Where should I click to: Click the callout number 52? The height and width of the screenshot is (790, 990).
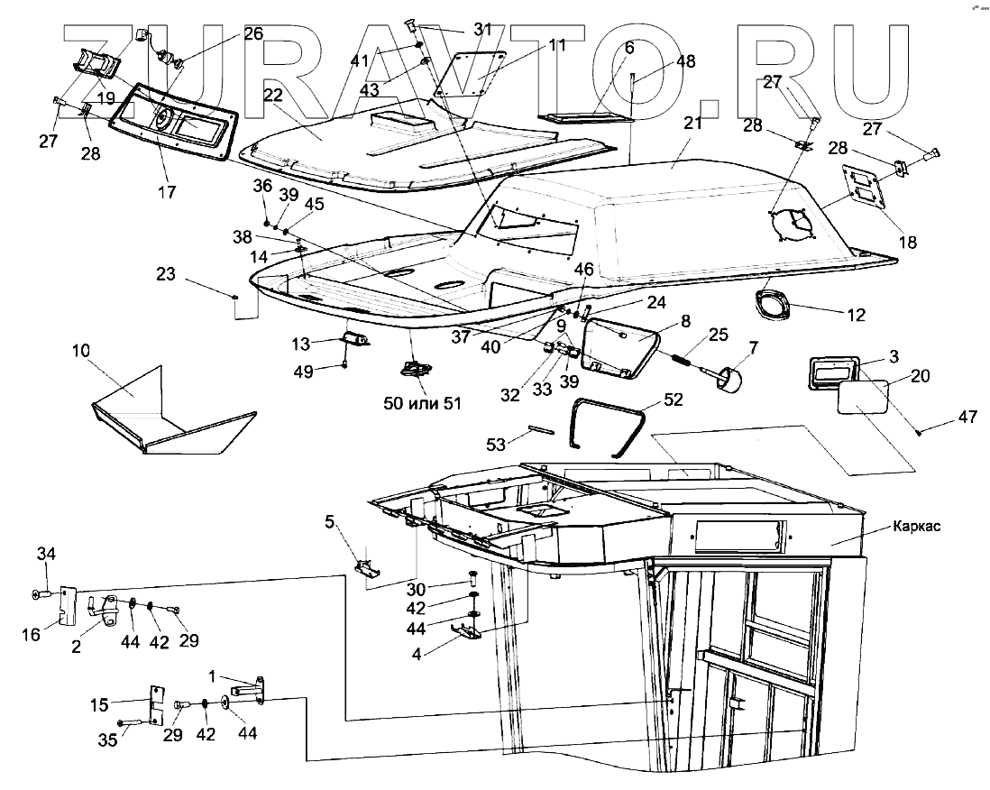(x=674, y=399)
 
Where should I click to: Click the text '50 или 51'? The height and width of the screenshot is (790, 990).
(x=422, y=403)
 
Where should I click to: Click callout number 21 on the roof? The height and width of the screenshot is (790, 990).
(x=692, y=124)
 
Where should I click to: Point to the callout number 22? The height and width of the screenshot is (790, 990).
(x=273, y=95)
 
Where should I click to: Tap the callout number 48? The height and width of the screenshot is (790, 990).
(x=686, y=62)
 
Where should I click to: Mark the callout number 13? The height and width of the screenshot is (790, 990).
(x=300, y=343)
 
